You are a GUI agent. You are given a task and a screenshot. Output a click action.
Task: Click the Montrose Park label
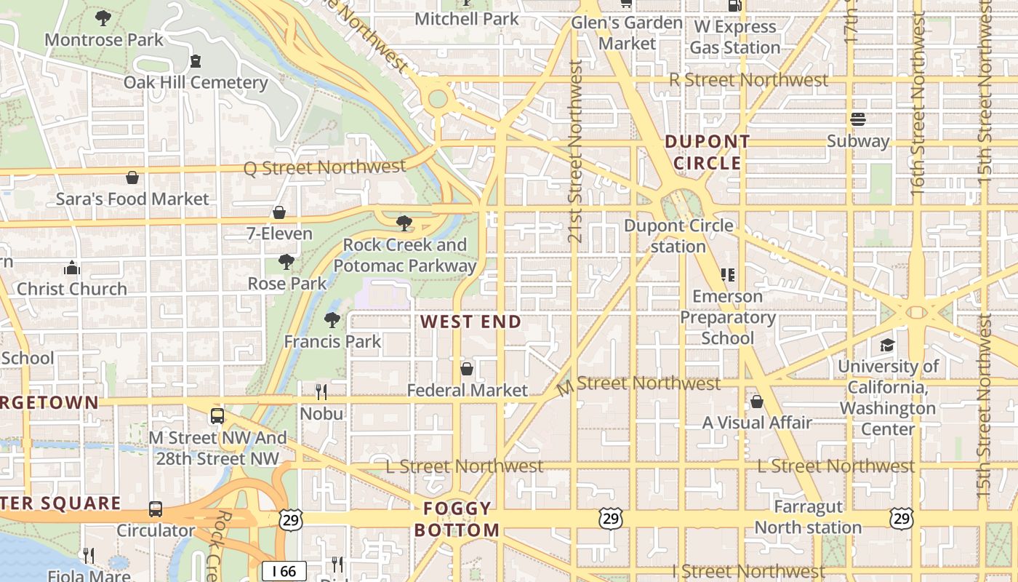[x=104, y=39]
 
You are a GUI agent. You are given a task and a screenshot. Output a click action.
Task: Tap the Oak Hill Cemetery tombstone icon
[x=196, y=61]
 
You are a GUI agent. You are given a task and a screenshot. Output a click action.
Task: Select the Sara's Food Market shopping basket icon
[x=132, y=178]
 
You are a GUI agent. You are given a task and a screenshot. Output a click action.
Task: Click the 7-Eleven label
[x=279, y=234]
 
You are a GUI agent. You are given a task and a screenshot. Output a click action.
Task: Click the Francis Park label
[x=332, y=341]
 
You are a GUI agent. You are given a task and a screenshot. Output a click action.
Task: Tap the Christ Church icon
[x=71, y=268]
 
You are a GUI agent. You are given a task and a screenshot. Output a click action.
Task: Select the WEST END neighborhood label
[x=471, y=322]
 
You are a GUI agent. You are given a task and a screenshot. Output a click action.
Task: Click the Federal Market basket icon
[x=467, y=370]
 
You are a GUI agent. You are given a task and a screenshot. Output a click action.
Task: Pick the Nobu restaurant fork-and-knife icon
[x=321, y=393]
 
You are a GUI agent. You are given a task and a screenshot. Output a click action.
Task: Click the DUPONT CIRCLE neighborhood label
[x=707, y=152]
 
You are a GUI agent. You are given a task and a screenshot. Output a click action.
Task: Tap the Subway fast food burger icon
[x=858, y=119]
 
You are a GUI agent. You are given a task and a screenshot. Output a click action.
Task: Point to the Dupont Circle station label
[x=678, y=236]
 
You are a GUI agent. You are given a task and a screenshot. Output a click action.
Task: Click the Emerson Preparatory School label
[x=727, y=317]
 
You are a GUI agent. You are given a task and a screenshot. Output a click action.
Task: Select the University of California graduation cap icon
[x=887, y=345]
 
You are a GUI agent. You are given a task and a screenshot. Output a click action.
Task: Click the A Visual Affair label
[x=757, y=423]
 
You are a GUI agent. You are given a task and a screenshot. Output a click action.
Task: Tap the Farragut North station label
[x=808, y=517]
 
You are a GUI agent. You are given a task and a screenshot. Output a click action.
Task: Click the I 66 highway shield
[x=284, y=571]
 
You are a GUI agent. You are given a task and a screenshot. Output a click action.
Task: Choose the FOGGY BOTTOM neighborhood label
[x=457, y=519]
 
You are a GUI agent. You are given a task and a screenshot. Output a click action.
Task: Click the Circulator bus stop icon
[x=156, y=509]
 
